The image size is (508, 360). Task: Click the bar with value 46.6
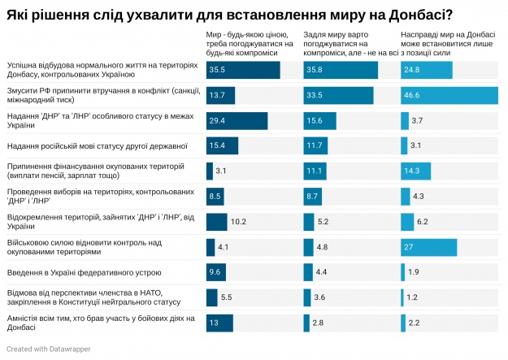tap(449, 95)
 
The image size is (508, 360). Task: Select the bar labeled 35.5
tap(243, 70)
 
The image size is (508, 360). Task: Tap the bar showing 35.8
tap(341, 70)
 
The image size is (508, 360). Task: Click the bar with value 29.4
tap(237, 120)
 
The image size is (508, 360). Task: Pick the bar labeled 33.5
tap(338, 95)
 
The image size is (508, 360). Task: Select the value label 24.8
tap(412, 70)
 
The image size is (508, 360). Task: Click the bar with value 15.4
tap(222, 145)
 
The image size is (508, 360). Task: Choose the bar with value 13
tap(219, 323)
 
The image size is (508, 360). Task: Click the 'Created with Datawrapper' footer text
tap(48, 349)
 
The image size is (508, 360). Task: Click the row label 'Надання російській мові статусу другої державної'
tap(97, 145)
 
